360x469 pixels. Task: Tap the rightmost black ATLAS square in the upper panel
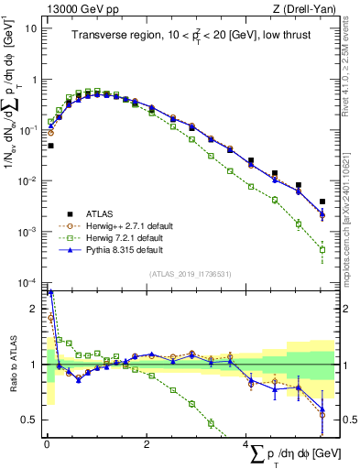[x=322, y=202]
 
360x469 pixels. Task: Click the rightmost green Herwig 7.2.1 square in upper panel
[x=322, y=249]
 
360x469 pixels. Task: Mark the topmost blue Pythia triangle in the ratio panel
[x=51, y=293]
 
